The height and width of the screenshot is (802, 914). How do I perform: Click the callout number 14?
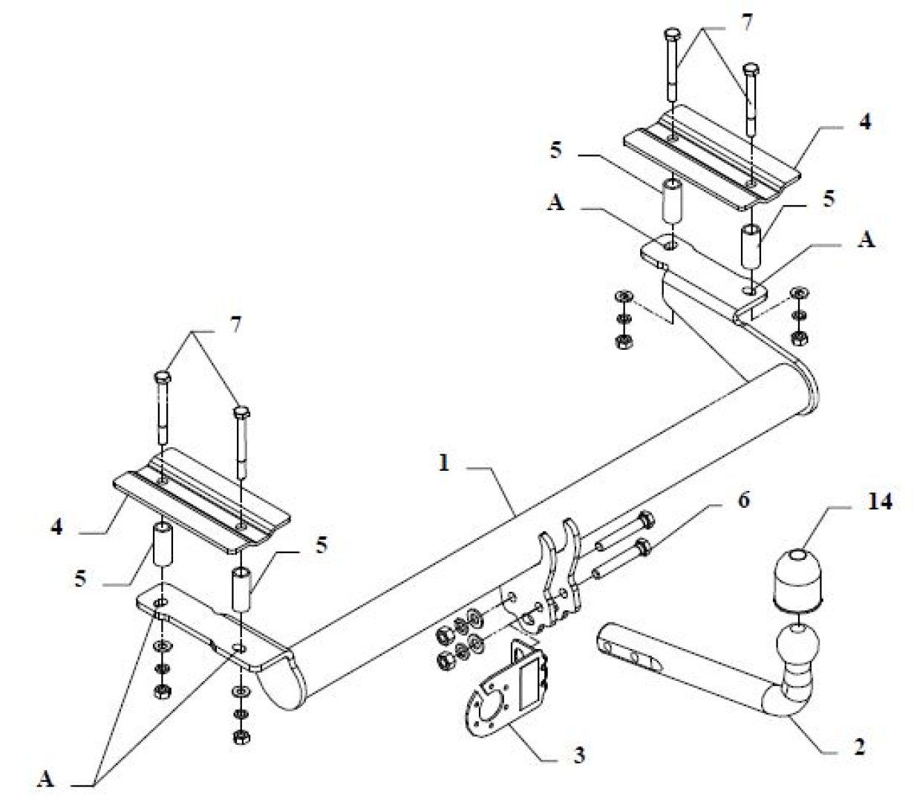tap(878, 502)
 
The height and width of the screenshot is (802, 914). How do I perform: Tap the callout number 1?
tap(444, 463)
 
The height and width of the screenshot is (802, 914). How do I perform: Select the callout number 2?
tap(860, 747)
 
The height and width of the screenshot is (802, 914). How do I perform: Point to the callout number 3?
tap(579, 755)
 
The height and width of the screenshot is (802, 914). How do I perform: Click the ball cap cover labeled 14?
tap(797, 579)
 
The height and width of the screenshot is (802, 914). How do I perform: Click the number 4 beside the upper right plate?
tap(865, 122)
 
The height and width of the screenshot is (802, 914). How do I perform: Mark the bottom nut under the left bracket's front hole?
tap(242, 737)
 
